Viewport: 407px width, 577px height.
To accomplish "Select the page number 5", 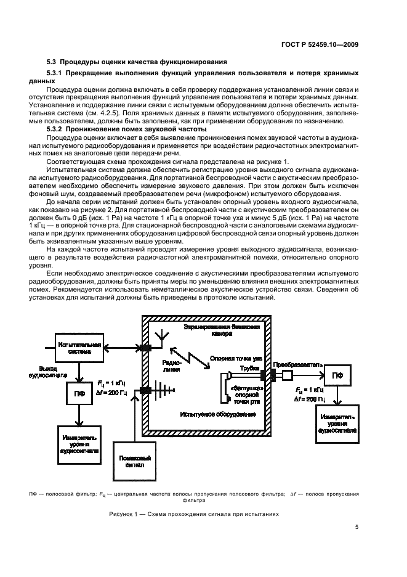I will click(357, 527).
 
